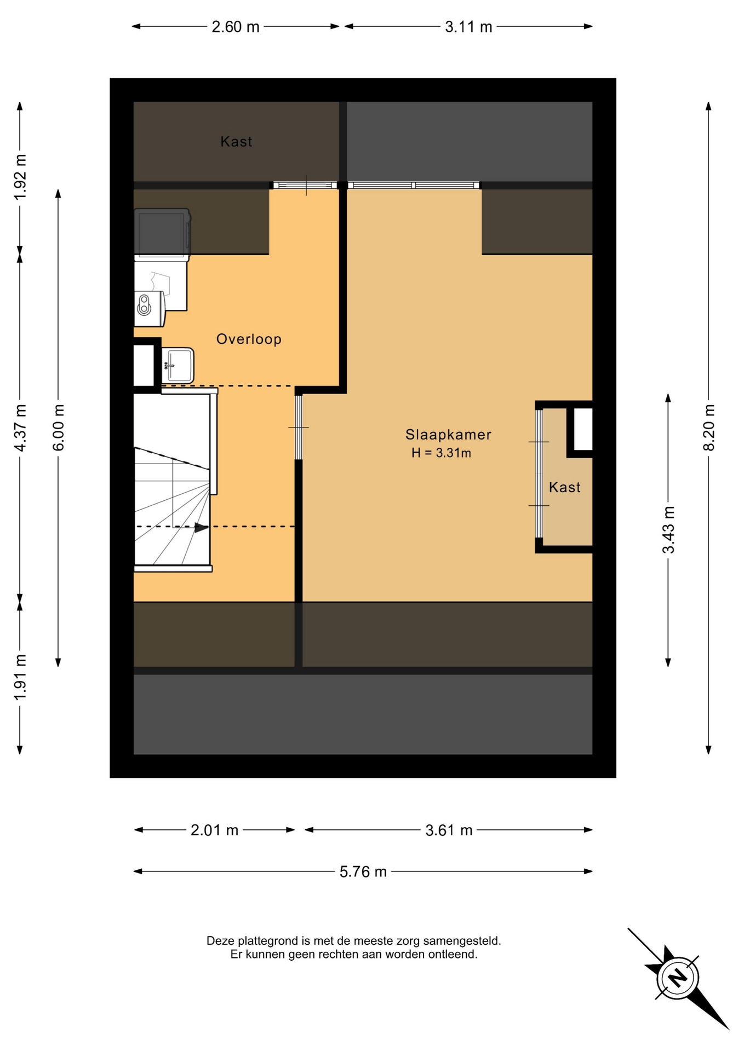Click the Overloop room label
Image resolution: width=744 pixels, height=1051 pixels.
coord(249,339)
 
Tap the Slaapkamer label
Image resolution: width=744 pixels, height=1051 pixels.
coord(448,435)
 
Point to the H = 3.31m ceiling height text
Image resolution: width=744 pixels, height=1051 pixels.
coord(441,453)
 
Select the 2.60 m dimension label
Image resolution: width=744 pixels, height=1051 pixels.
coord(236,27)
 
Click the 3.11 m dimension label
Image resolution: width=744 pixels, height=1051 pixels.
coord(468,27)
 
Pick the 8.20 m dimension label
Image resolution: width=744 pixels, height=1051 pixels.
coord(709,427)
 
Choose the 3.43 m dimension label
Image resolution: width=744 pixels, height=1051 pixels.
coord(668,530)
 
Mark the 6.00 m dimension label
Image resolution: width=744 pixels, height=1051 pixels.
coord(59,427)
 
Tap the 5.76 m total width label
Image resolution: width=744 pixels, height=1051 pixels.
coord(363,871)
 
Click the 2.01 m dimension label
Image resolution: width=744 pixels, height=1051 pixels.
coord(214,830)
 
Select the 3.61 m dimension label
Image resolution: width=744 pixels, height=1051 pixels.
coord(449,830)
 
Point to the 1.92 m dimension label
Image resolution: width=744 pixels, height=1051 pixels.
coord(20,177)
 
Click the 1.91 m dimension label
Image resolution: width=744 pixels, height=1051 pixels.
coord(20,677)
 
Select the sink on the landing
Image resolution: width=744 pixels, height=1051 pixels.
coord(178,365)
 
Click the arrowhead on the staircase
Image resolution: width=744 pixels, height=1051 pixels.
coord(202,528)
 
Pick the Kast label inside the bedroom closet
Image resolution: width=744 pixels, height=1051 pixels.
coord(564,487)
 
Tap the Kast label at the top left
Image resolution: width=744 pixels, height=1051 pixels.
coord(236,142)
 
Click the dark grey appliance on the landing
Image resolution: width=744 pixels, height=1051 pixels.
coord(162,232)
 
